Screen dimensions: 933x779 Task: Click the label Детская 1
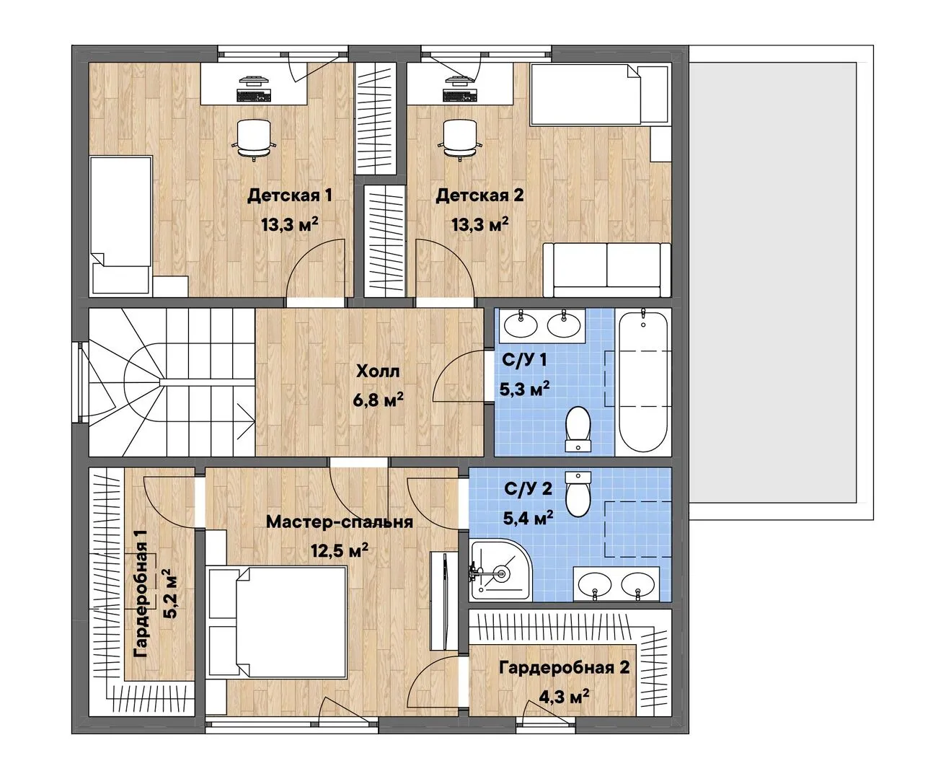(289, 195)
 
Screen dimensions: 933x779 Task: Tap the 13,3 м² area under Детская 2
(480, 224)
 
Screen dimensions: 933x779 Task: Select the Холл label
(378, 371)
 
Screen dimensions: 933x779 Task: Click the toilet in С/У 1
(578, 429)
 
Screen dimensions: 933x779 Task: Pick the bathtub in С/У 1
(643, 382)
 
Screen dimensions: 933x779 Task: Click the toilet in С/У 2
(578, 493)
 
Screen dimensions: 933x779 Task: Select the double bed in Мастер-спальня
(277, 622)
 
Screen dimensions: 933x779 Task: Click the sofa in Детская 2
(607, 270)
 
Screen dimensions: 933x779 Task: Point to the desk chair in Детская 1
(254, 139)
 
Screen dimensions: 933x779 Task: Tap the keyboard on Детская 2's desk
(459, 95)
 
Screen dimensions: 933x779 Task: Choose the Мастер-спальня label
(339, 522)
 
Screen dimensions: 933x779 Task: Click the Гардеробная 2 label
(565, 668)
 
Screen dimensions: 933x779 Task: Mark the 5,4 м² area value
(529, 518)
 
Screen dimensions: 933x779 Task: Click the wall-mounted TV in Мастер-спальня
(444, 601)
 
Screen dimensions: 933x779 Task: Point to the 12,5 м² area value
(340, 550)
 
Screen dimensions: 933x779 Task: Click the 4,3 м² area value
(563, 696)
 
